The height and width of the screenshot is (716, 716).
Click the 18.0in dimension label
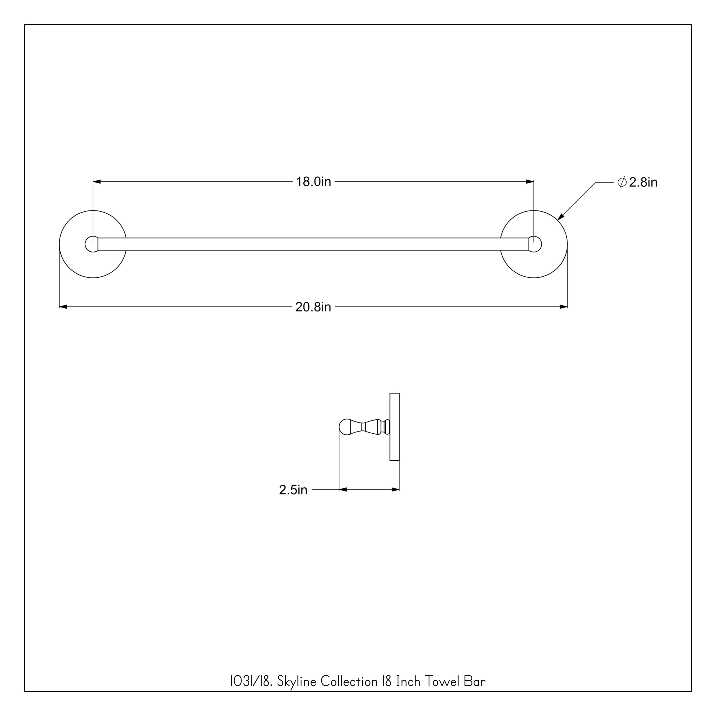313,182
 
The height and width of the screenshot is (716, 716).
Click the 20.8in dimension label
313,307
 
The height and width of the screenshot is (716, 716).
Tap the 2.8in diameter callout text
643,183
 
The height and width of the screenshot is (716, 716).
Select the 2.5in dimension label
293,490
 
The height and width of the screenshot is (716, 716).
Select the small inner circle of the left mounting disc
90,244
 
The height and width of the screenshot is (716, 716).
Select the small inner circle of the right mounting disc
536,244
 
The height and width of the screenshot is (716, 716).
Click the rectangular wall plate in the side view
394,427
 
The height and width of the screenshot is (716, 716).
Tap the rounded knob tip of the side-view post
345,427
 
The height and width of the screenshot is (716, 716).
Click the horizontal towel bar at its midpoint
313,244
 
